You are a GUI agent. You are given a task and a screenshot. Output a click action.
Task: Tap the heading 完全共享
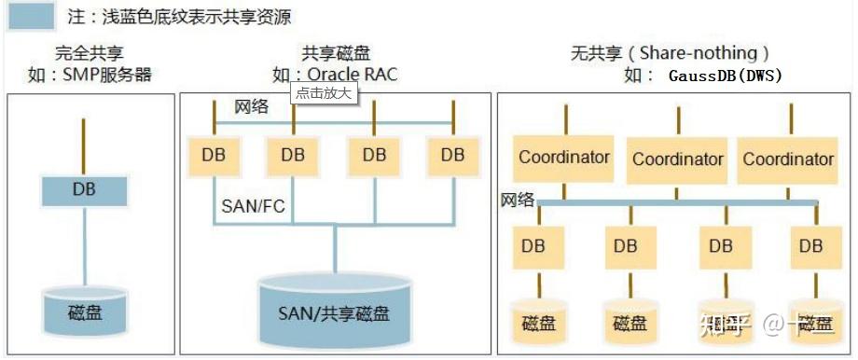pos(89,54)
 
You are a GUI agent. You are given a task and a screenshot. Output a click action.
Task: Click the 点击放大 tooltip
pos(325,93)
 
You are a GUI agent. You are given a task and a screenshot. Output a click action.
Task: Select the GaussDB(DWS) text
pos(725,76)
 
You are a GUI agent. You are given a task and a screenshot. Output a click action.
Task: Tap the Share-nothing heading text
pos(705,54)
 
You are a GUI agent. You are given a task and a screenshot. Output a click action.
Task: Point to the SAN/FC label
pos(253,205)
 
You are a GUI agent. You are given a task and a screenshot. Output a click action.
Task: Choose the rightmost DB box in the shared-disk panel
pos(452,155)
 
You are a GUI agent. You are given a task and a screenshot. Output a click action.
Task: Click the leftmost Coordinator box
pos(564,158)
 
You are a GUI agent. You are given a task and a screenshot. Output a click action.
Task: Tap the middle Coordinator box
pos(678,159)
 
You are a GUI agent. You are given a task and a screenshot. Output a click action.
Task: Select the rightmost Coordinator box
pos(788,159)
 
